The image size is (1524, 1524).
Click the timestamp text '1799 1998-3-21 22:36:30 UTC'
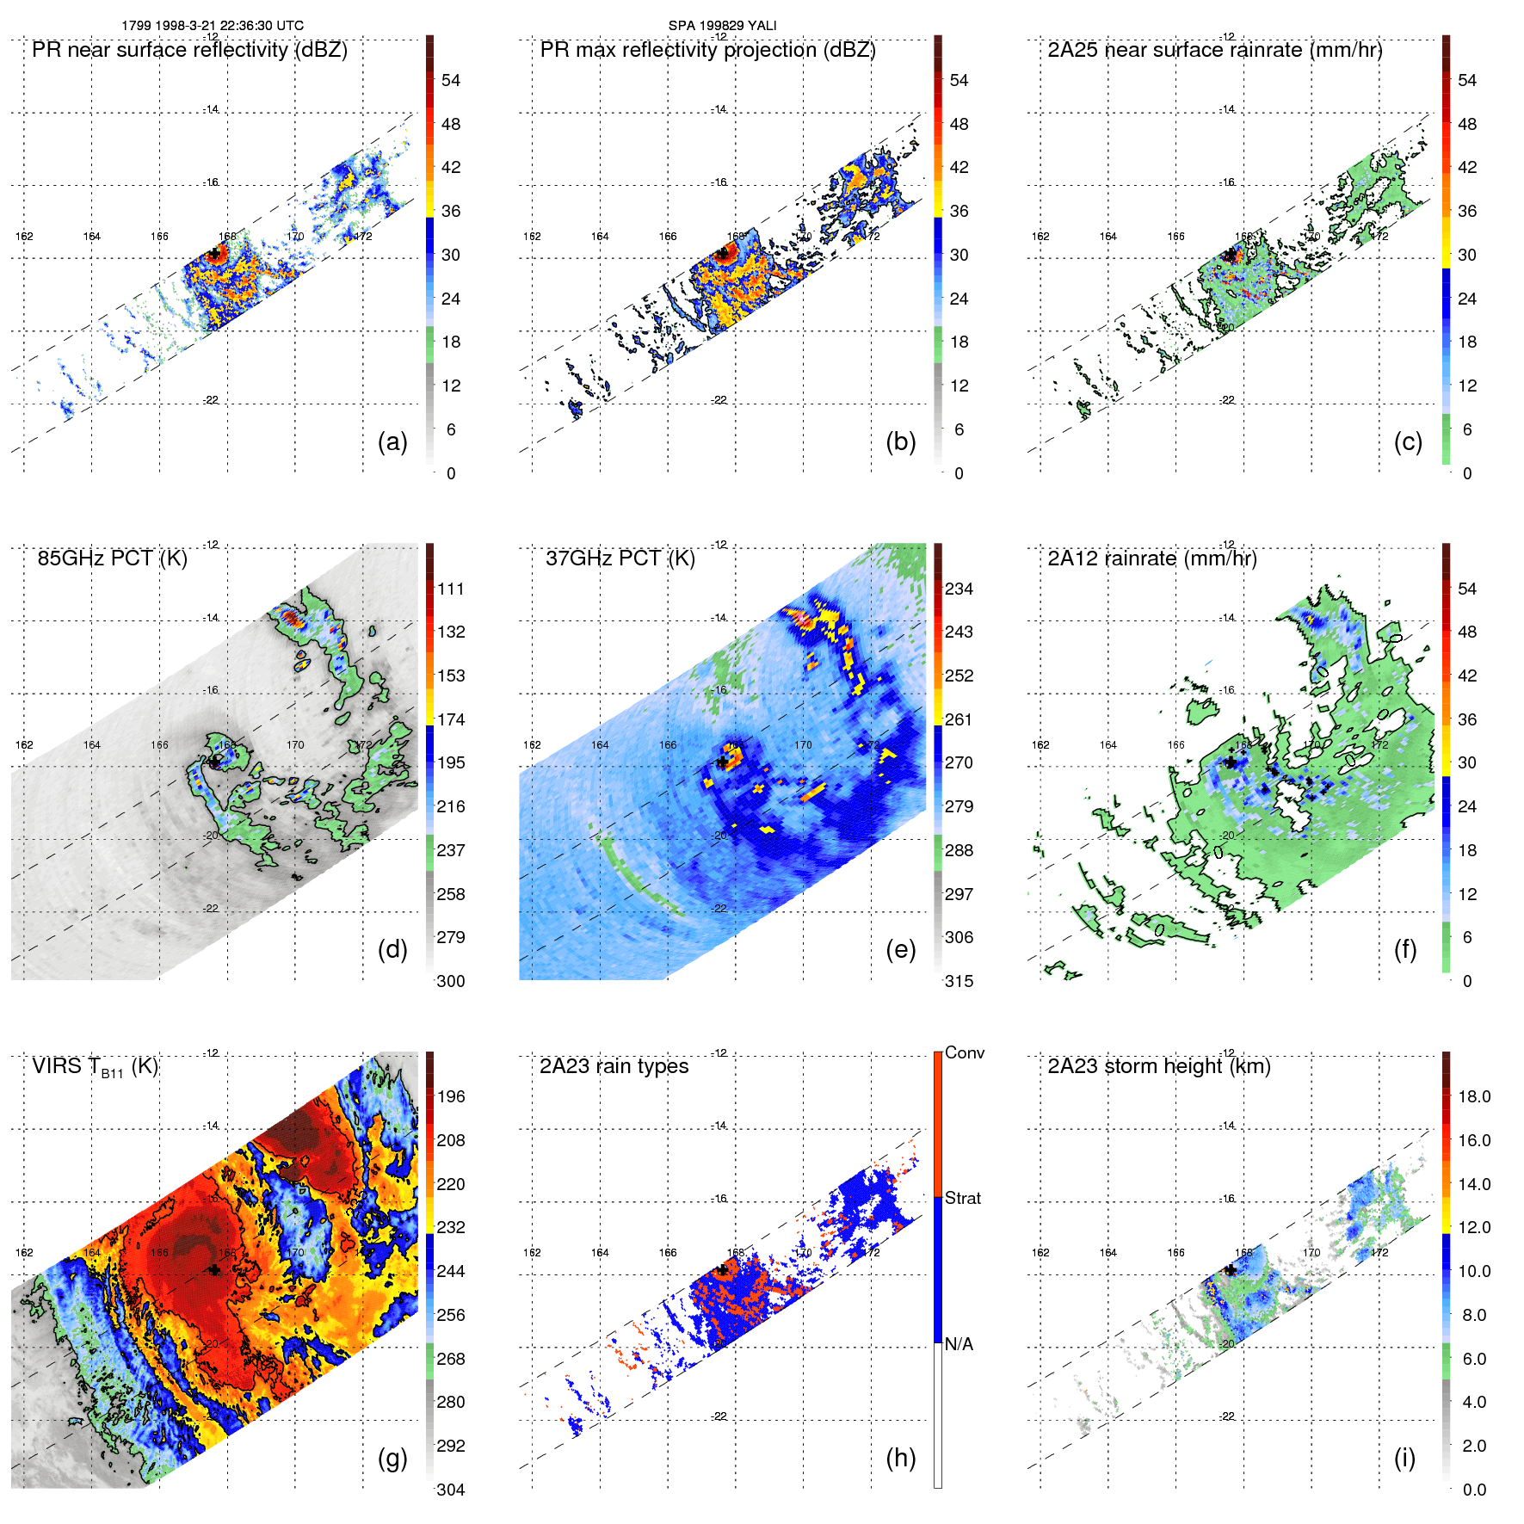pyautogui.click(x=212, y=26)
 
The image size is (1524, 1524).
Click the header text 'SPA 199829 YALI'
pyautogui.click(x=722, y=26)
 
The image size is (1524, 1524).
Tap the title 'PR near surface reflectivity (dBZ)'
pyautogui.click(x=189, y=50)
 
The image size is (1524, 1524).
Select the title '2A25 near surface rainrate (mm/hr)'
pyautogui.click(x=1214, y=50)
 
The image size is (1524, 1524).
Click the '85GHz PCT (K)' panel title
pyautogui.click(x=112, y=558)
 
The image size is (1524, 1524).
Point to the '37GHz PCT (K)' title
pyautogui.click(x=620, y=558)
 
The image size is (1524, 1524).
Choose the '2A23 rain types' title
pyautogui.click(x=614, y=1066)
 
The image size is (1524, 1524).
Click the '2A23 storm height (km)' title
pyautogui.click(x=1158, y=1066)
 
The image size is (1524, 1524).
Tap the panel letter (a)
pyautogui.click(x=392, y=441)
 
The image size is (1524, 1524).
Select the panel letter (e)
pyautogui.click(x=900, y=949)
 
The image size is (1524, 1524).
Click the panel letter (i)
pyautogui.click(x=1404, y=1458)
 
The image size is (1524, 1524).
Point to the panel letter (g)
pyautogui.click(x=392, y=1458)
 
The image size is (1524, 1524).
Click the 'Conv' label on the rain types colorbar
pyautogui.click(x=964, y=1052)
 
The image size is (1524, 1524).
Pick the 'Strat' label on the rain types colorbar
pyautogui.click(x=962, y=1198)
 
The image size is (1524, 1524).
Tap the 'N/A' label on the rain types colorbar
pyautogui.click(x=959, y=1344)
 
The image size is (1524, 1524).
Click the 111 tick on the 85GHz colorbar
pyautogui.click(x=451, y=589)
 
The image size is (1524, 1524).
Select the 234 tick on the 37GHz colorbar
pyautogui.click(x=959, y=589)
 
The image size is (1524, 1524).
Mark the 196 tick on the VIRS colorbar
pyautogui.click(x=451, y=1096)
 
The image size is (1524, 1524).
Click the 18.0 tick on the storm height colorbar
pyautogui.click(x=1473, y=1096)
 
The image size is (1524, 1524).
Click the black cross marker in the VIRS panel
pyautogui.click(x=214, y=1269)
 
